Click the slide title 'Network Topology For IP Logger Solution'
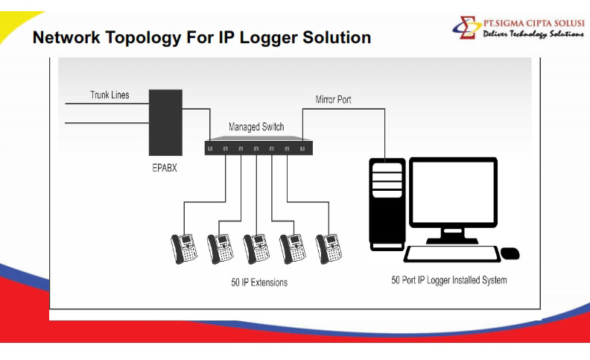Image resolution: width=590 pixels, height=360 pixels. pos(201,37)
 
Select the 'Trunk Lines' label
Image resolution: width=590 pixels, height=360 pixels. pos(110,95)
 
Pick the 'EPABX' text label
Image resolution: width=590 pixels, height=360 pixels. pos(165,168)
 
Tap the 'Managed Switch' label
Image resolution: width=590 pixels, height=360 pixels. pos(256,127)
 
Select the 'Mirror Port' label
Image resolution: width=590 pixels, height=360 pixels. pos(333,99)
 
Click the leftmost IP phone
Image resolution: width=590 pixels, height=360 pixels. pos(184,247)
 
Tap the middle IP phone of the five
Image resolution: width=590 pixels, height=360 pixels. pos(256,247)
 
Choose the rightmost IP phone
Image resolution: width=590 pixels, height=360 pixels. pos(328,247)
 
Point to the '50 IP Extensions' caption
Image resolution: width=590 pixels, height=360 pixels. pos(259,282)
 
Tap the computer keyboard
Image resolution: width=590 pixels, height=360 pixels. pos(451,253)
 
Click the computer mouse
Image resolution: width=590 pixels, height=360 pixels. pos(510,253)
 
